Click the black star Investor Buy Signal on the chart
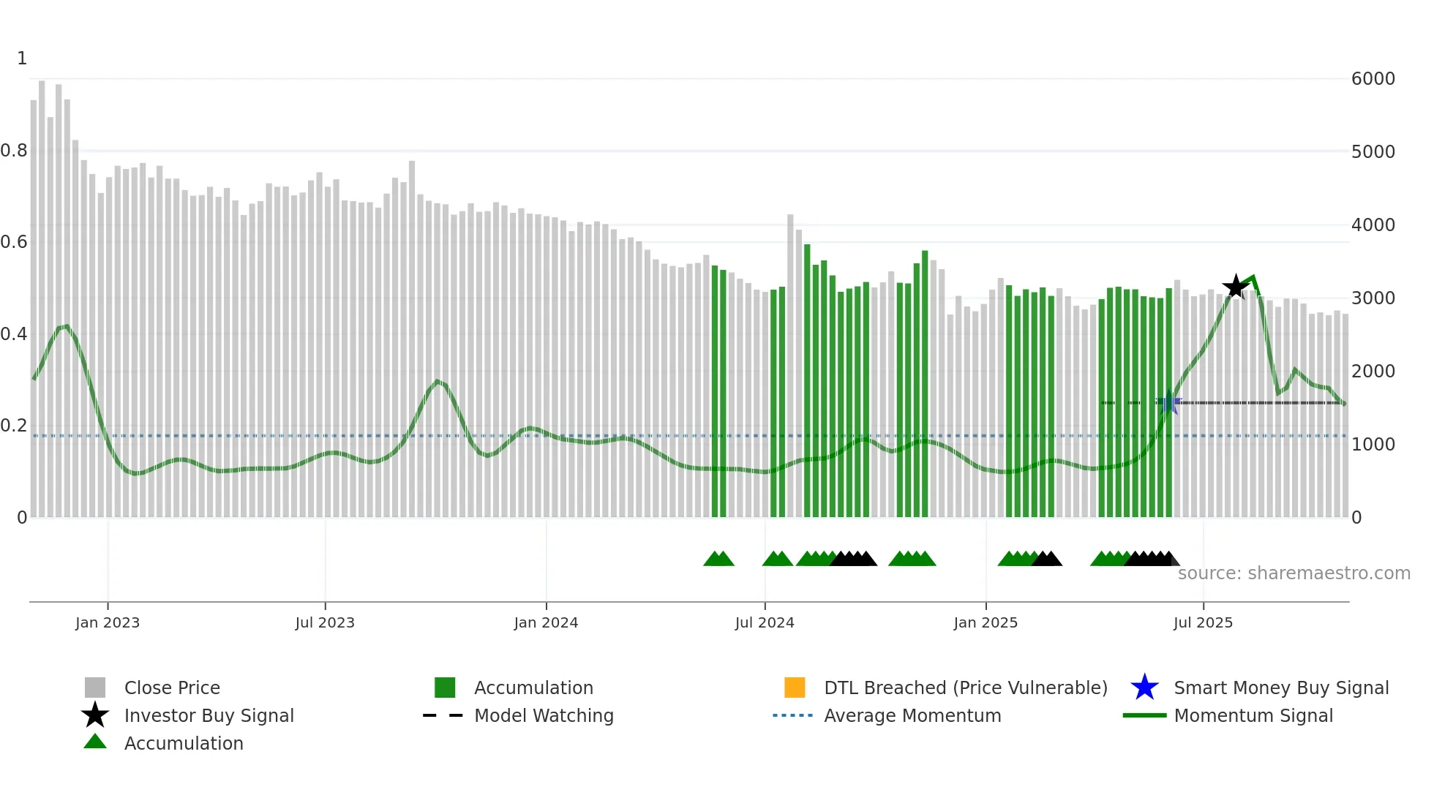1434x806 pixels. [x=1236, y=287]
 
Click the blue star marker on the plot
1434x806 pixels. [x=1168, y=402]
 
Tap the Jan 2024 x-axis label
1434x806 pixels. [x=546, y=622]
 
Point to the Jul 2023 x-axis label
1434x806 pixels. [x=325, y=622]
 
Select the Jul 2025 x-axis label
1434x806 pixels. [x=1203, y=622]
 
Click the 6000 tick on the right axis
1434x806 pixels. [x=1373, y=78]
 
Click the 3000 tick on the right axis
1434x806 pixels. [x=1373, y=298]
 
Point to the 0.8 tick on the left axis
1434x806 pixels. [x=14, y=151]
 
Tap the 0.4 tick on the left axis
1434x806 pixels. [x=14, y=334]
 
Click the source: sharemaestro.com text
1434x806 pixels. [x=1294, y=573]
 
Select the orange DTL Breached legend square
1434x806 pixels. [x=795, y=688]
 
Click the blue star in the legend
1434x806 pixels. [x=1144, y=688]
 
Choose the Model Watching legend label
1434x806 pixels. [x=544, y=715]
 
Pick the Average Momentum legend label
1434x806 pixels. [x=912, y=715]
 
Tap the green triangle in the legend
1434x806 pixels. [x=95, y=742]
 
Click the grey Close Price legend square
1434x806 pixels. [x=95, y=688]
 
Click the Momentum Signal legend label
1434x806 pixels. [x=1253, y=715]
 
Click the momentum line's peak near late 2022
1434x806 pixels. [x=67, y=326]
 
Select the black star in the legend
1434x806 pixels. [x=95, y=715]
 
